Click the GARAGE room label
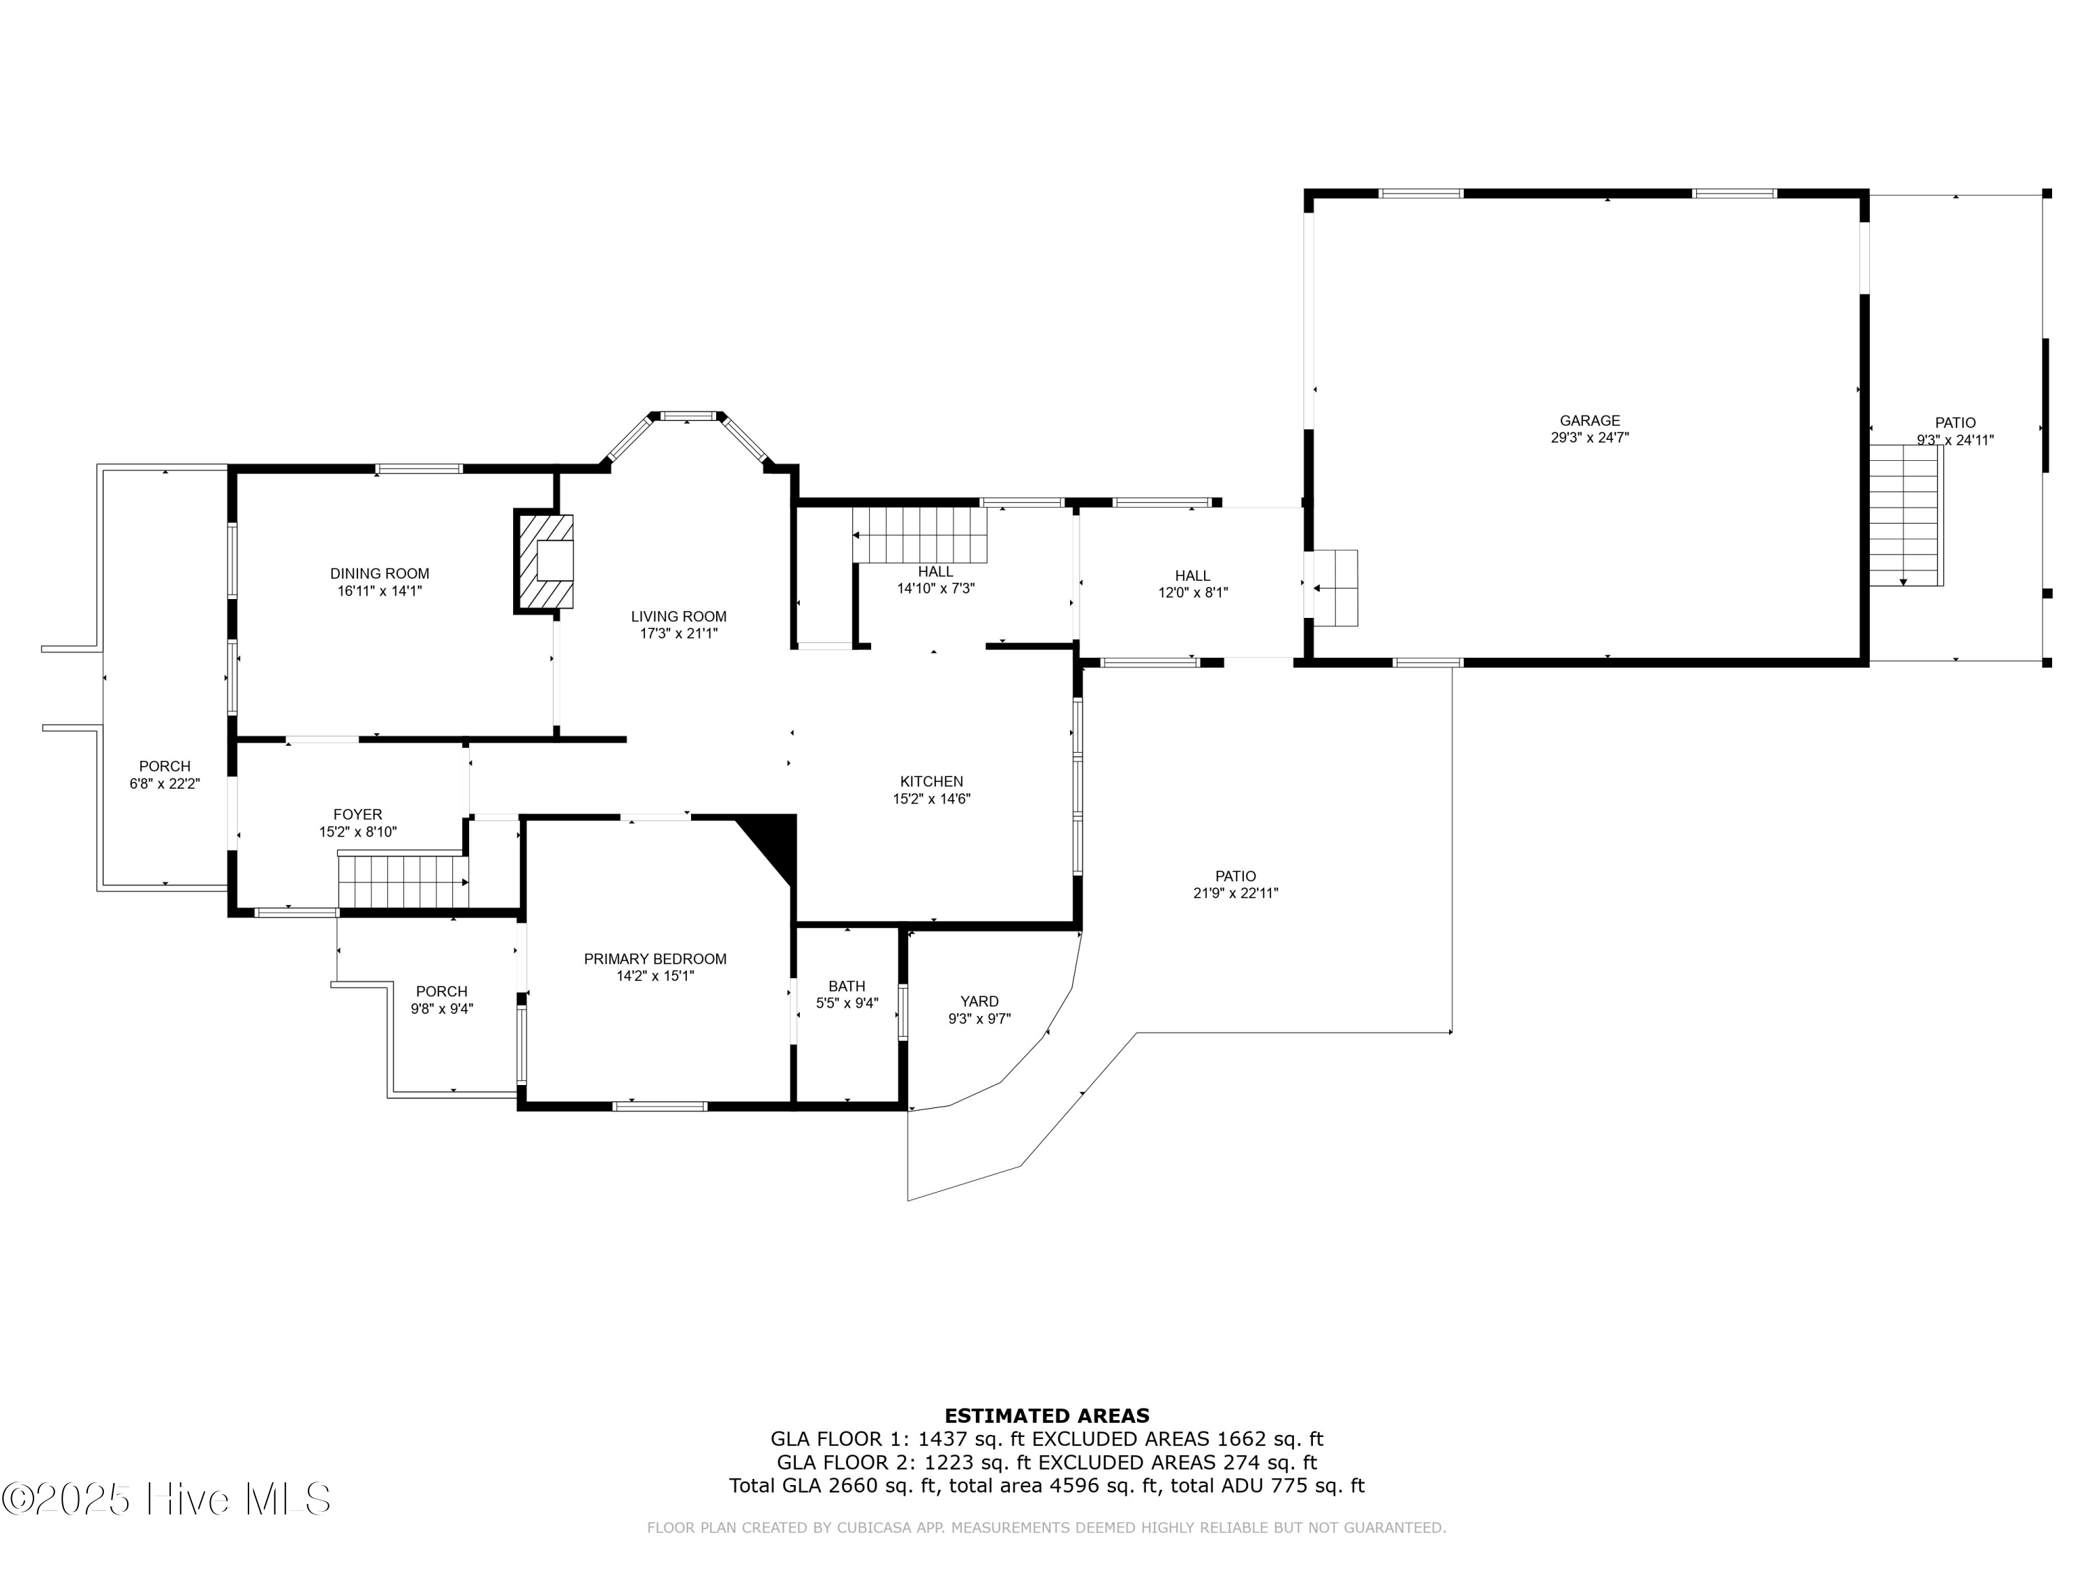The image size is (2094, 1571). tap(1589, 420)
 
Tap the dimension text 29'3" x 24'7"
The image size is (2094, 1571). tap(1589, 438)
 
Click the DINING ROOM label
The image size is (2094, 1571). tap(380, 574)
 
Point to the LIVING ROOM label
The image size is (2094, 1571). tap(678, 617)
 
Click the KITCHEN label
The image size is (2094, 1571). tap(932, 781)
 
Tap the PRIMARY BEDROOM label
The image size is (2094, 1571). tap(655, 959)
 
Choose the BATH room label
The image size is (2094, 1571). tap(846, 987)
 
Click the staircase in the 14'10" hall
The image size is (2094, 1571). tap(920, 535)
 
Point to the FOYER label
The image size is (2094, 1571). tap(358, 814)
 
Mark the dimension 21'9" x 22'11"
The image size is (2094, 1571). tap(1235, 893)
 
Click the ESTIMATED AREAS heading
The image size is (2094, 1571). tap(1047, 1416)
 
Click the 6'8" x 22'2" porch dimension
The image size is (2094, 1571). tap(165, 784)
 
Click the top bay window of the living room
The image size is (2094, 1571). tap(688, 415)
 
